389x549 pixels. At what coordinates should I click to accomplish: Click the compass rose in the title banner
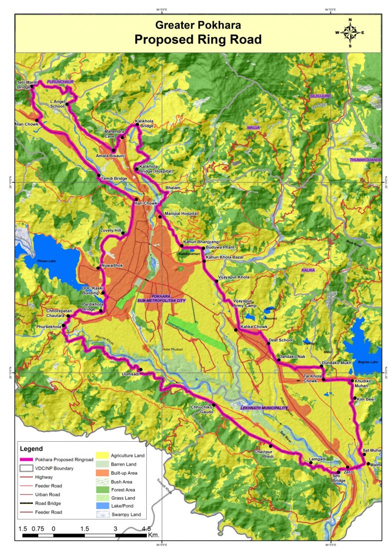(350, 32)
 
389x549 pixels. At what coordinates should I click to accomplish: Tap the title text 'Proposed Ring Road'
(198, 40)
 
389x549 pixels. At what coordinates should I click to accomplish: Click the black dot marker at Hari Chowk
(136, 199)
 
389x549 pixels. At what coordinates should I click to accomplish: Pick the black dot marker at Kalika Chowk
(236, 330)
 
